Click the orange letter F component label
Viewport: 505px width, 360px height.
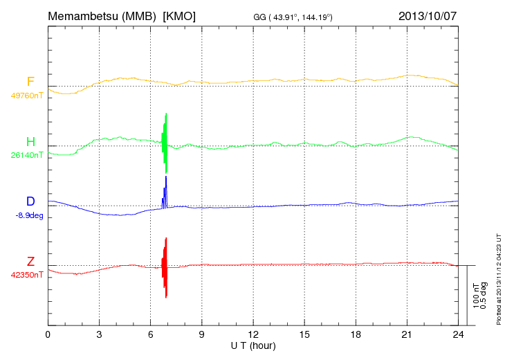pos(30,82)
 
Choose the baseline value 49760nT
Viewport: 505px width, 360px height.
pos(27,96)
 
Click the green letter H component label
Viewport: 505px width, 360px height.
pos(30,142)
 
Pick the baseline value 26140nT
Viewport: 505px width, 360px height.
pos(27,155)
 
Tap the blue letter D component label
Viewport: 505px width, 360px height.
pos(30,201)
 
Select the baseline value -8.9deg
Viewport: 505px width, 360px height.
pos(28,215)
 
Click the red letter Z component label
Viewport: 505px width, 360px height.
pos(30,261)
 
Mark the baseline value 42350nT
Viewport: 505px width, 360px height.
pos(27,275)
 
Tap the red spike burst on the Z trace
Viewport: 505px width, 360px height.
pos(165,267)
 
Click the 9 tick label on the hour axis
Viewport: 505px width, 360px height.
pos(202,334)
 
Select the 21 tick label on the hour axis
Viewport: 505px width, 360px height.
pos(407,334)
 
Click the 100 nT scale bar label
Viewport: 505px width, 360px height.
pos(476,296)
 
